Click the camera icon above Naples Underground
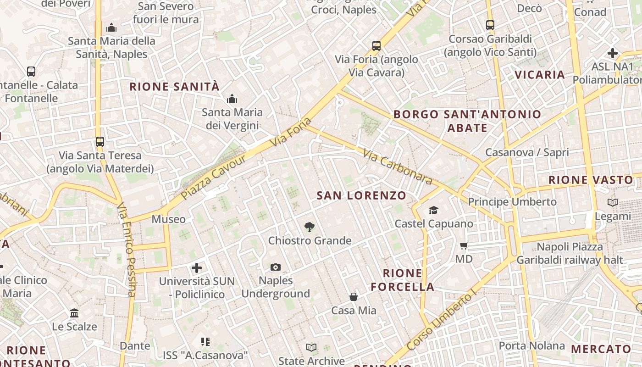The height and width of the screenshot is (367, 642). (275, 267)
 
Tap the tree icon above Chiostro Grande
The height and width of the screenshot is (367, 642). (310, 227)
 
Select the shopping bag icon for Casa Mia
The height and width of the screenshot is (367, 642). (354, 297)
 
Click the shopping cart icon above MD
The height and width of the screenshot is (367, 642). (464, 246)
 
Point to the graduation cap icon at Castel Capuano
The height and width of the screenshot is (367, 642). (433, 211)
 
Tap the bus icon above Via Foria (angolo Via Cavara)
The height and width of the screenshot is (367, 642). (376, 46)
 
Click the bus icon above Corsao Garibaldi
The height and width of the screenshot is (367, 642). (490, 25)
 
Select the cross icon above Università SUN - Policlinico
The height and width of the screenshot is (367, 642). (197, 267)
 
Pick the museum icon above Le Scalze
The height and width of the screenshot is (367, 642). (74, 313)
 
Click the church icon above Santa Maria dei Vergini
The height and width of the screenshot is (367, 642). (232, 99)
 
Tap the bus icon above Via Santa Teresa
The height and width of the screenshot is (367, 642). (100, 142)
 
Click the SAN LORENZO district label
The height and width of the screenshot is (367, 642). (361, 196)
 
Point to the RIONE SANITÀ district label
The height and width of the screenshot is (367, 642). (175, 87)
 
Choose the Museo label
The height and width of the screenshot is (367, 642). (169, 219)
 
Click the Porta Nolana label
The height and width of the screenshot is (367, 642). (532, 345)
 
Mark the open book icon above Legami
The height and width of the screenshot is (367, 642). (612, 202)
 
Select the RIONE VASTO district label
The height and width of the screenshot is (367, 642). (591, 180)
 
